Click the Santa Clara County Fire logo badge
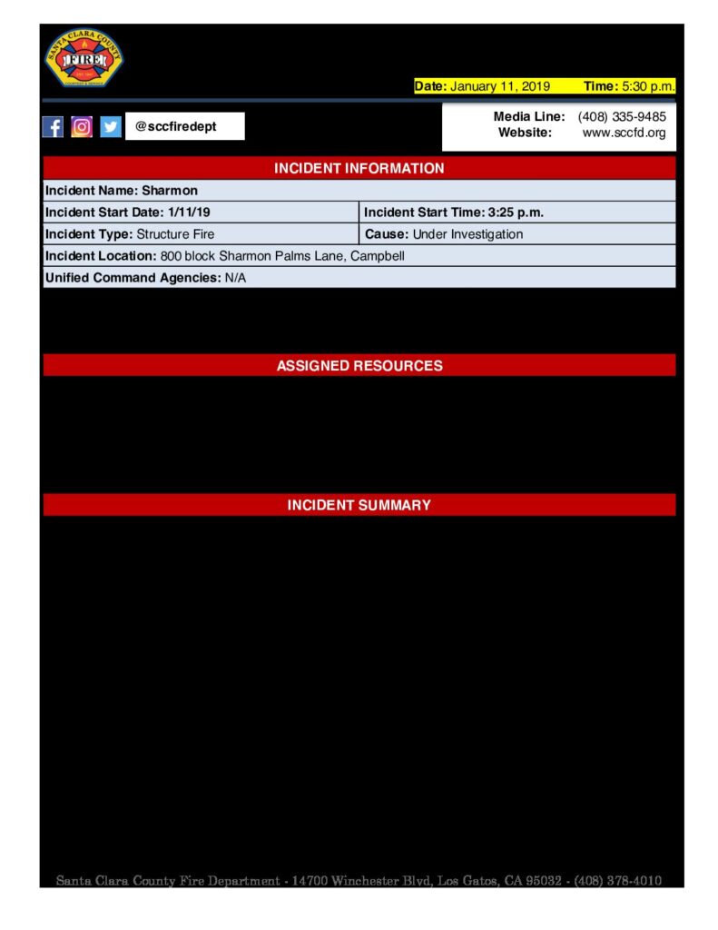pyautogui.click(x=84, y=57)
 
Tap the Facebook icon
pyautogui.click(x=54, y=127)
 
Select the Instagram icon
pyautogui.click(x=82, y=127)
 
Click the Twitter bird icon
pyautogui.click(x=111, y=127)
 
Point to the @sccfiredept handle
pyautogui.click(x=176, y=127)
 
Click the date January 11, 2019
pyautogui.click(x=500, y=86)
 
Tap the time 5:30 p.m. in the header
pyautogui.click(x=648, y=86)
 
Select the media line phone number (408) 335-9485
pyautogui.click(x=622, y=117)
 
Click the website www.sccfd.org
pyautogui.click(x=624, y=133)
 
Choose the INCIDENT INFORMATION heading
pyautogui.click(x=359, y=168)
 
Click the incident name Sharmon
pyautogui.click(x=170, y=191)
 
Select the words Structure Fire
pyautogui.click(x=175, y=234)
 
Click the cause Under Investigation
pyautogui.click(x=467, y=234)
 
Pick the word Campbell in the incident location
pyautogui.click(x=378, y=256)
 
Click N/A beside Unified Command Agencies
pyautogui.click(x=235, y=278)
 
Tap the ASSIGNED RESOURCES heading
pyautogui.click(x=359, y=366)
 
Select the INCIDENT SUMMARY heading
pyautogui.click(x=359, y=505)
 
